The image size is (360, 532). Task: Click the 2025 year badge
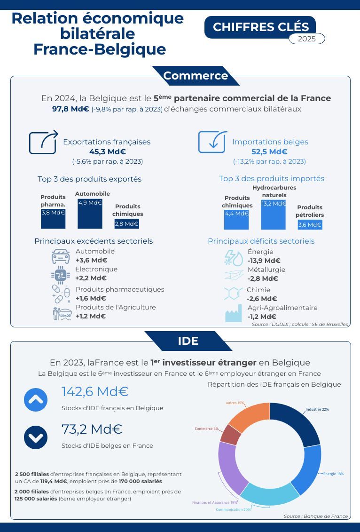click(x=306, y=39)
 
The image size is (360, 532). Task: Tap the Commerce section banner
click(x=196, y=76)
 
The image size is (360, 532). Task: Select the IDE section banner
click(x=188, y=341)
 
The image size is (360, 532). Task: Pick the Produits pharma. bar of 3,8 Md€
click(x=53, y=218)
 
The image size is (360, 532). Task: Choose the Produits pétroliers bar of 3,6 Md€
click(x=310, y=224)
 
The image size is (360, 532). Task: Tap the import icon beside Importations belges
click(x=212, y=142)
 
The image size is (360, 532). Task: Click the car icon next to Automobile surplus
click(x=61, y=256)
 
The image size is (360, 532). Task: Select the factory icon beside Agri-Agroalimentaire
click(x=233, y=312)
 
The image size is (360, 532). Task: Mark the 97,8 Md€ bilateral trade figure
click(x=70, y=109)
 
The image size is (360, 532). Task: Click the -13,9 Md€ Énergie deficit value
click(x=264, y=261)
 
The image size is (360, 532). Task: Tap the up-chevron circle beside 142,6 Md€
click(x=36, y=400)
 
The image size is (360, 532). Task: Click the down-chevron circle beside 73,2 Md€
click(x=36, y=437)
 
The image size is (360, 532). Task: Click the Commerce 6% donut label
click(x=206, y=429)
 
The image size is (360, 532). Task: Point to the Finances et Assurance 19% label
click(x=214, y=502)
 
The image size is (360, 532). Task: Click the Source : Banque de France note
click(x=316, y=516)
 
